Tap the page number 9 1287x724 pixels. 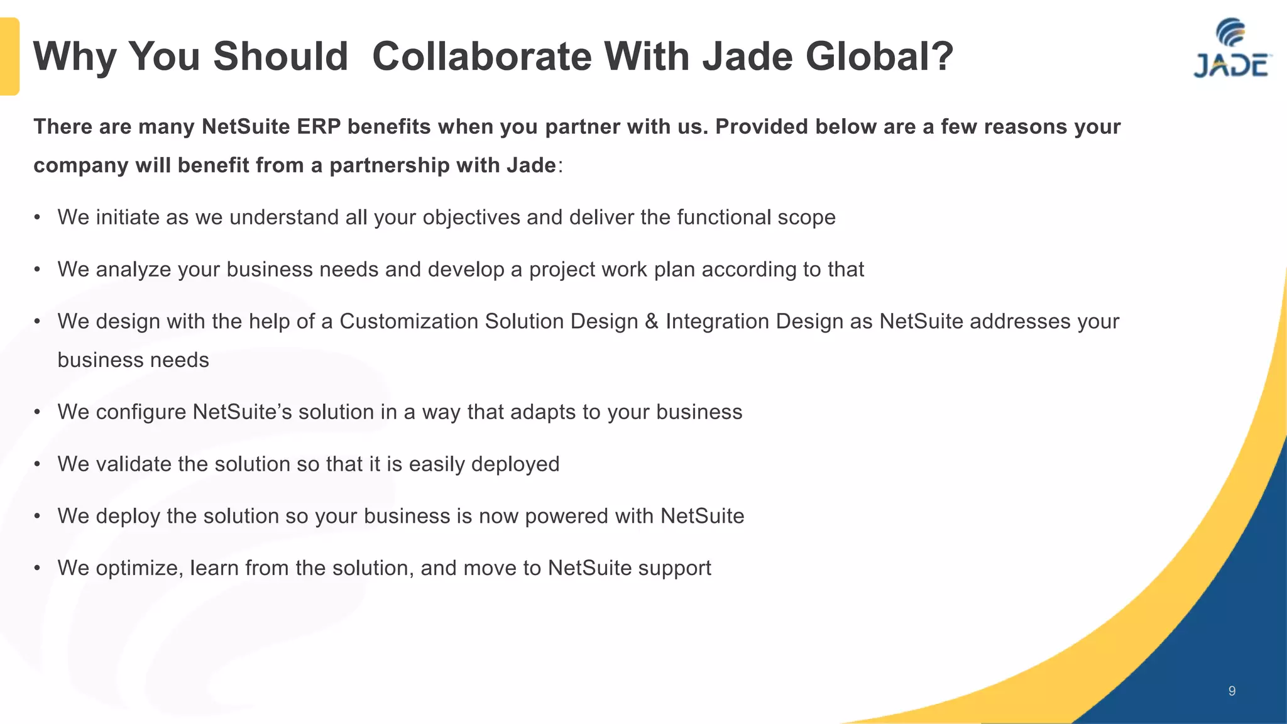1232,691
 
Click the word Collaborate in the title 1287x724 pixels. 481,57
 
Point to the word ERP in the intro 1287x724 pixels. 319,127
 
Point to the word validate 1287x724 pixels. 133,464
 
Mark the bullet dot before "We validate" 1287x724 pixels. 38,464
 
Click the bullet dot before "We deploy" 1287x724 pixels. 38,517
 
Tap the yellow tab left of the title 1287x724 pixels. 9,57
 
